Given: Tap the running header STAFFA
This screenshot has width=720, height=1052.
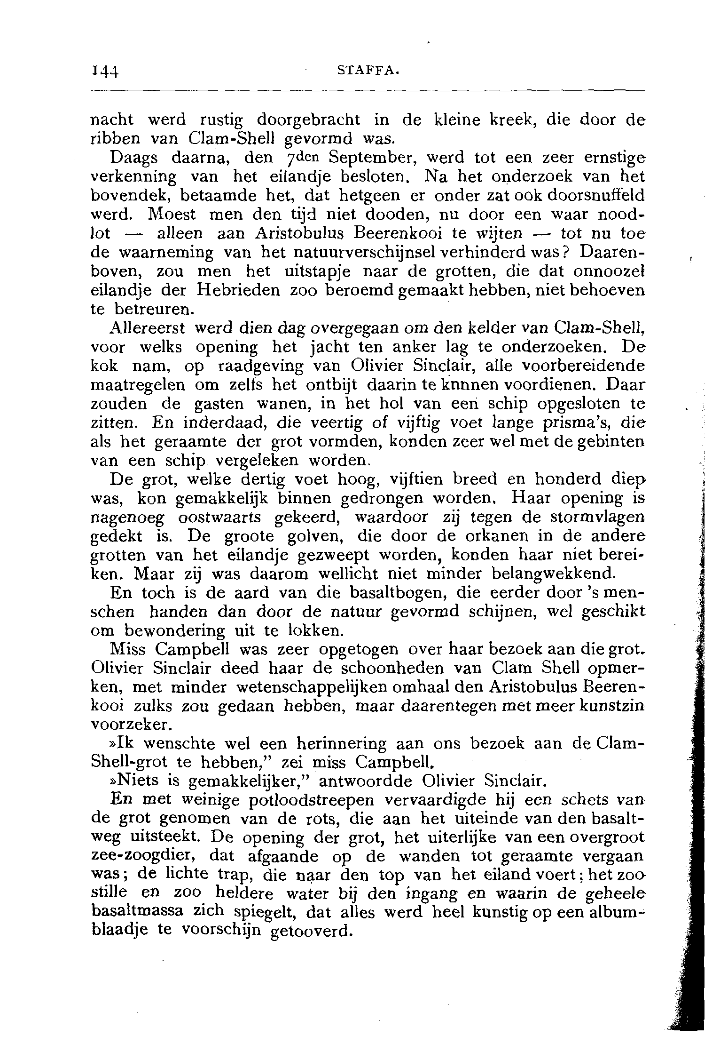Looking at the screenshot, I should click(x=369, y=72).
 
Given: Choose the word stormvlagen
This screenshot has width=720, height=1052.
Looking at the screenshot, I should click(x=596, y=518).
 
